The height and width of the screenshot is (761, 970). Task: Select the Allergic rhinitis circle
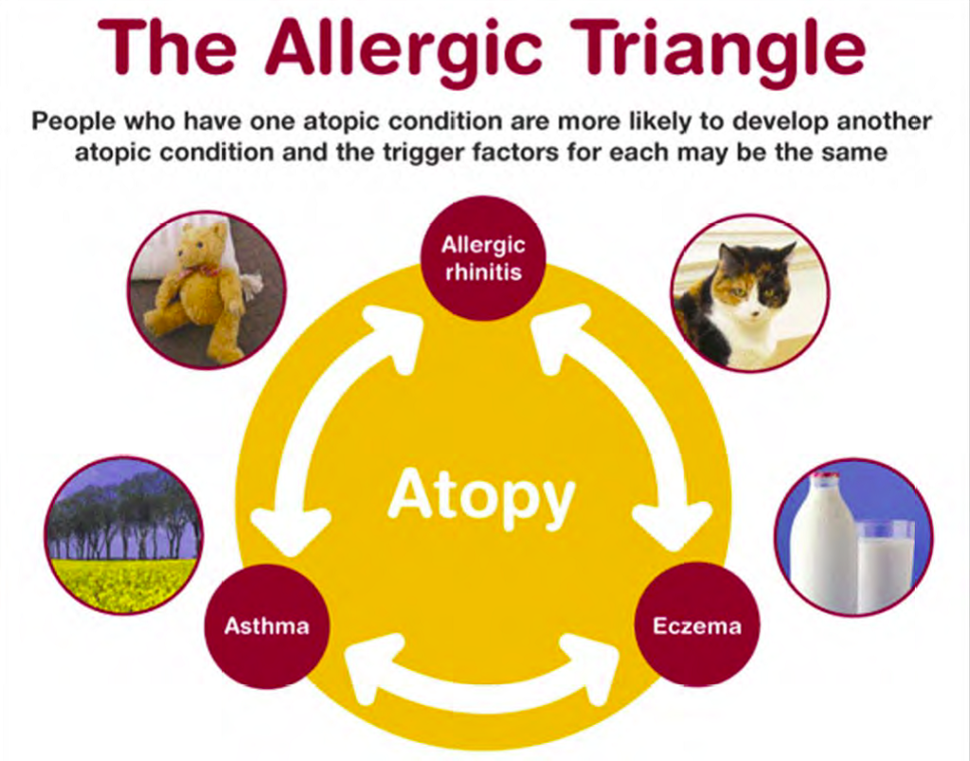pos(483,258)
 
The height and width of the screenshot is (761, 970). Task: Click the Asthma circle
pos(266,627)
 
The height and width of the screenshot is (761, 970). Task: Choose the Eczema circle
pos(697,625)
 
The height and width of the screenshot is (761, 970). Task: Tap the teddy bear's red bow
pos(199,273)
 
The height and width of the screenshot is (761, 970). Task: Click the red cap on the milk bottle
pos(826,477)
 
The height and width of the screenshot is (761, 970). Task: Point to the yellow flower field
pos(124,584)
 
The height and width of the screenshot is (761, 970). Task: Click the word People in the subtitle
pos(73,121)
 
